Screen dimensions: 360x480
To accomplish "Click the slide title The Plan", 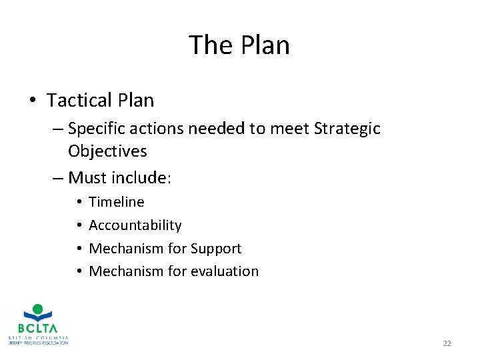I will pyautogui.click(x=239, y=45).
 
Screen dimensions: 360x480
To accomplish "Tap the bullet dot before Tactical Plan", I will pyautogui.click(x=32, y=101).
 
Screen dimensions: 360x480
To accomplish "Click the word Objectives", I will pyautogui.click(x=107, y=151).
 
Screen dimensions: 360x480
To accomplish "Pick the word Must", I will pyautogui.click(x=87, y=178).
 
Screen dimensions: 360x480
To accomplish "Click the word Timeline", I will pyautogui.click(x=117, y=202).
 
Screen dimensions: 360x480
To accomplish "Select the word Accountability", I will pyautogui.click(x=135, y=225).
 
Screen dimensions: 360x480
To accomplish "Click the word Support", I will pyautogui.click(x=216, y=249).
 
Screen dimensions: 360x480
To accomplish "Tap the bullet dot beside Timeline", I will pyautogui.click(x=79, y=202).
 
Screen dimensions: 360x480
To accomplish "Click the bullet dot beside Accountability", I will pyautogui.click(x=79, y=225).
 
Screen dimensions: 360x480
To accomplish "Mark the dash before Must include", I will pyautogui.click(x=57, y=178).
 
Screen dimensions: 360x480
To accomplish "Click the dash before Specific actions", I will pyautogui.click(x=57, y=128).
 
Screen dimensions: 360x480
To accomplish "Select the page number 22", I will pyautogui.click(x=447, y=343).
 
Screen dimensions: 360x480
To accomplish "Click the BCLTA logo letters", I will pyautogui.click(x=37, y=328).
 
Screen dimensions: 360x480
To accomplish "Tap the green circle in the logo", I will pyautogui.click(x=38, y=309).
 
